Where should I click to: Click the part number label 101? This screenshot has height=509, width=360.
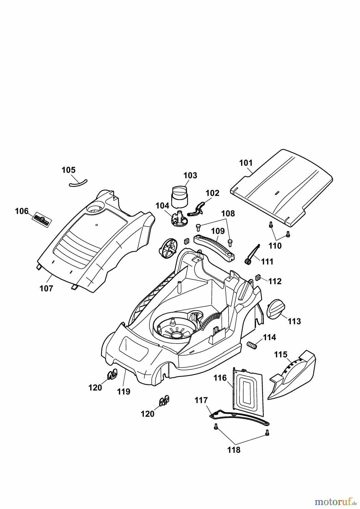point(246,163)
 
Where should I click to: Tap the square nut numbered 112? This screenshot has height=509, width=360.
point(258,278)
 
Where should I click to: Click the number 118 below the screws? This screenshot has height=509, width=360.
point(234,450)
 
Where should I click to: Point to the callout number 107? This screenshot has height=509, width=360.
point(46,288)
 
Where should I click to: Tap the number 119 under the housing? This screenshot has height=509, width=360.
point(124,392)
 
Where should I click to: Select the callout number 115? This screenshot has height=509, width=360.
point(281,355)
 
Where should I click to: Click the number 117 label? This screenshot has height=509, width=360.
point(201,400)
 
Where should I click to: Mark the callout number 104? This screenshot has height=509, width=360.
point(162,206)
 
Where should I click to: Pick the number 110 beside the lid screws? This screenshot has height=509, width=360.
point(275,246)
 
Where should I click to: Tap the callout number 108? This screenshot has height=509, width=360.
point(228,213)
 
